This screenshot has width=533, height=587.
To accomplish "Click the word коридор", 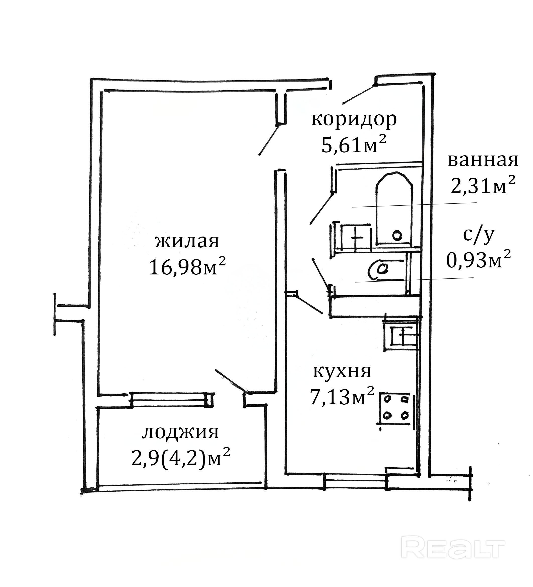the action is click(x=354, y=120).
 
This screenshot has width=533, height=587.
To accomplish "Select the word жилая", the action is click(x=187, y=242).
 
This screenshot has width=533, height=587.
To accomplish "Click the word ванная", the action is click(x=483, y=161).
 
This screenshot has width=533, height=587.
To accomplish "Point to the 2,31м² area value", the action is click(x=483, y=185).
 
